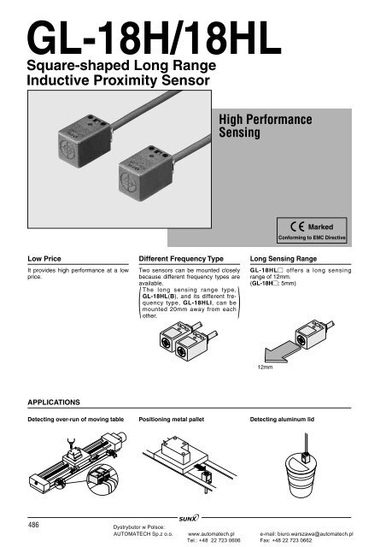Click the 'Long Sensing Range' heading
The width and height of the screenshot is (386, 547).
[284, 256]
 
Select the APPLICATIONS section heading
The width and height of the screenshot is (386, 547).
[55, 399]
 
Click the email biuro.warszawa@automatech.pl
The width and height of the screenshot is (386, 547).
[307, 532]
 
